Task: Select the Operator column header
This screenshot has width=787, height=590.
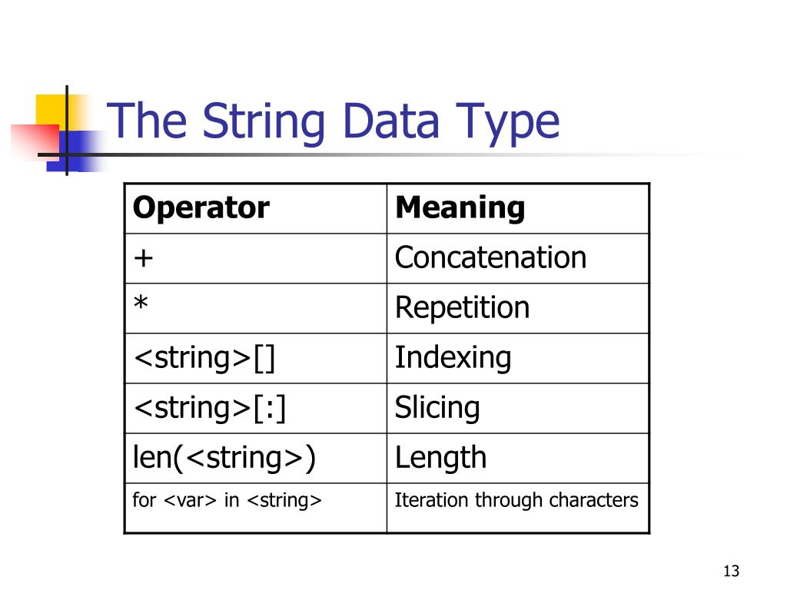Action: click(x=201, y=208)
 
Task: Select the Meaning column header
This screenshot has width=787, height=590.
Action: click(x=460, y=208)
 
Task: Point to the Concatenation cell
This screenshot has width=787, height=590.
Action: click(x=490, y=257)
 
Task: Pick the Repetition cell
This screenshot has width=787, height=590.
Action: click(x=462, y=308)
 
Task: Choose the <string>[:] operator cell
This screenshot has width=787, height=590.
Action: click(x=210, y=408)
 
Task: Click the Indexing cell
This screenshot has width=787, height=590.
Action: click(x=453, y=358)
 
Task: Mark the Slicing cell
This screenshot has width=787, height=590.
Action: click(x=437, y=408)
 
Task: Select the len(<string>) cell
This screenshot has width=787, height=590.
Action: click(x=224, y=458)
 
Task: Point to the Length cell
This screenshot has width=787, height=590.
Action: click(x=440, y=458)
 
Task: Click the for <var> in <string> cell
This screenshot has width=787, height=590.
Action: click(x=227, y=501)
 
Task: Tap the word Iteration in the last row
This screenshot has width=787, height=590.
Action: click(x=431, y=501)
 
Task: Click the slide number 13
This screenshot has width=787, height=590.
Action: click(x=730, y=571)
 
